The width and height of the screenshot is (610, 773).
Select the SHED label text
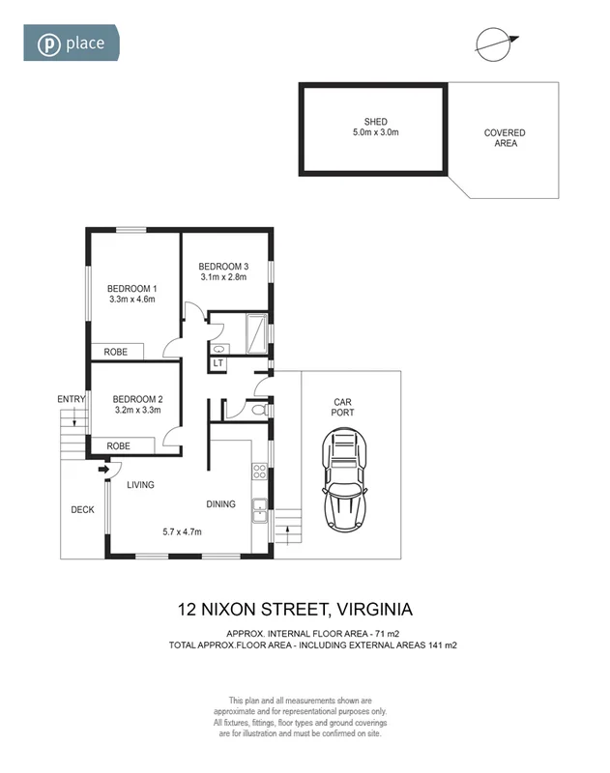click(x=375, y=122)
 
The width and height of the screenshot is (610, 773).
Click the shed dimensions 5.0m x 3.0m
click(x=375, y=134)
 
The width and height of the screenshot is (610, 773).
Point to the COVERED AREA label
click(x=505, y=138)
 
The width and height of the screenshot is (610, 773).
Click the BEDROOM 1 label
click(x=131, y=288)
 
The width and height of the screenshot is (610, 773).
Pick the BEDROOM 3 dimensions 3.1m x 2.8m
click(x=223, y=277)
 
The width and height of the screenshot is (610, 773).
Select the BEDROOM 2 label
click(x=136, y=398)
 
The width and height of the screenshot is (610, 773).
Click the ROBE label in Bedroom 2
click(x=118, y=445)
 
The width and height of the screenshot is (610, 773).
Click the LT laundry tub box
click(x=218, y=363)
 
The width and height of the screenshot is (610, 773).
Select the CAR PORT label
click(x=343, y=407)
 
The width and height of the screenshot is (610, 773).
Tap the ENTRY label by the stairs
click(x=71, y=398)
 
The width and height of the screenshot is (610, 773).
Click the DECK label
click(x=82, y=509)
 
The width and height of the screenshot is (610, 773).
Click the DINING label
click(x=221, y=503)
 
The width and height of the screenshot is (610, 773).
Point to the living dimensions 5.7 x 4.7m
click(x=182, y=531)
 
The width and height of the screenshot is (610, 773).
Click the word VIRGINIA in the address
click(x=372, y=609)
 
